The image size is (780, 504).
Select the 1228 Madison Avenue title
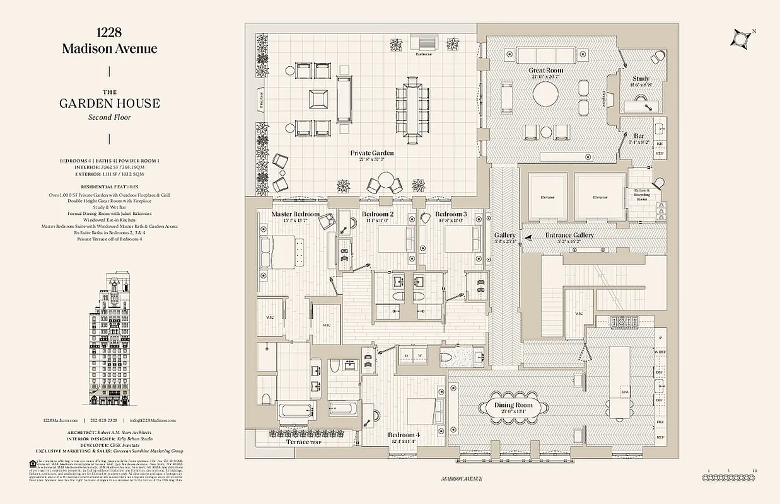[109, 42]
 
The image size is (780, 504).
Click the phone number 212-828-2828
[103, 420]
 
